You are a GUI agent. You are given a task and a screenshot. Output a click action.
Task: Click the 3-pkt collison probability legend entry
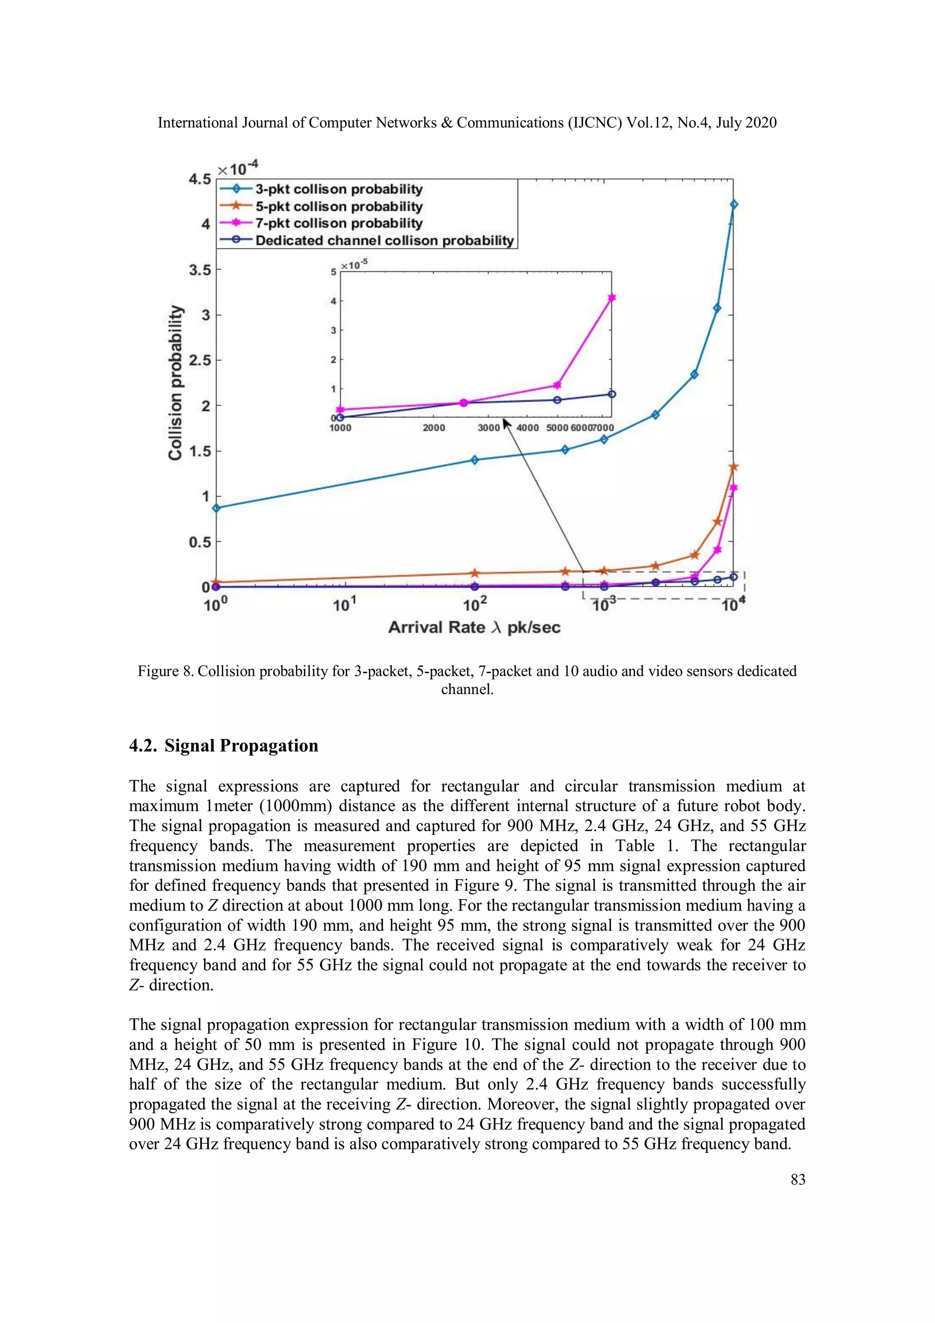point(339,189)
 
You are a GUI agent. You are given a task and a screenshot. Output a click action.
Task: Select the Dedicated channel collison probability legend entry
point(384,240)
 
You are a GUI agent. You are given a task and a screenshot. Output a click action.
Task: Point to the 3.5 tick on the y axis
point(200,270)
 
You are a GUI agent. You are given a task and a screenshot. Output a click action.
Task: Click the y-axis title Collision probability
point(175,383)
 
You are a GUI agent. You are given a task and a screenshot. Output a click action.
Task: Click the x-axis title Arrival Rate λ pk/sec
point(473,627)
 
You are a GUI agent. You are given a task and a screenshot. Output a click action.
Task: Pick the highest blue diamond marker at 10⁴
point(733,205)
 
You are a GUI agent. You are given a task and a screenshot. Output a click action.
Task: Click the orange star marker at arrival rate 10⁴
point(733,467)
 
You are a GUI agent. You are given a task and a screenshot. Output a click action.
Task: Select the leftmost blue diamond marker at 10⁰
point(216,508)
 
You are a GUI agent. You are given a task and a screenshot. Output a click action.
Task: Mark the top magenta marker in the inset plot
point(612,298)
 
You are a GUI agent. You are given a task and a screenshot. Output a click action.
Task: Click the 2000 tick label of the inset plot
point(433,427)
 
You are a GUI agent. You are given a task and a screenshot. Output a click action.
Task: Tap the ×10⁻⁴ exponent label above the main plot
point(237,168)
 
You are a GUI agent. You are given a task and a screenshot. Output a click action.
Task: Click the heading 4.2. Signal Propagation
point(224,746)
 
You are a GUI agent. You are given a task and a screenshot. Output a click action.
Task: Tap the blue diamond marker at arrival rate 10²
point(474,460)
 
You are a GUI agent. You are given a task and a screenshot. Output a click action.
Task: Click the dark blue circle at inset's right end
point(612,394)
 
